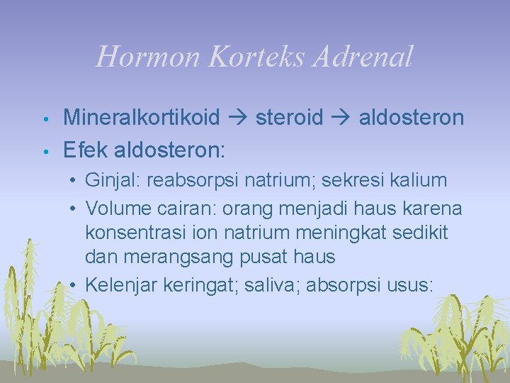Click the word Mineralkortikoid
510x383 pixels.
[142, 118]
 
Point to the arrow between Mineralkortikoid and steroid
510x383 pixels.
[237, 118]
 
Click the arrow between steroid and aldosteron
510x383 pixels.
[341, 118]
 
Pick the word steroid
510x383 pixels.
[289, 118]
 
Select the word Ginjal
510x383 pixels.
[113, 181]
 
